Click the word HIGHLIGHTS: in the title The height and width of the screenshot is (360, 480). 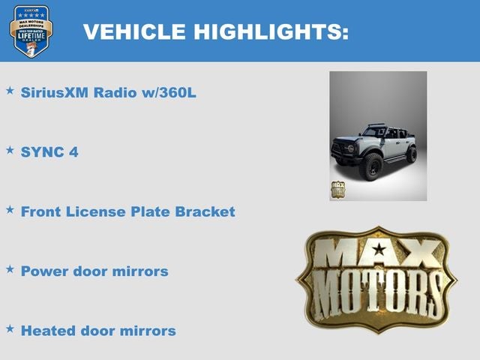click(271, 31)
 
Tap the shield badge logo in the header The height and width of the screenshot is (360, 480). click(31, 31)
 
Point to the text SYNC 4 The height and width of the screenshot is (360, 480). click(49, 152)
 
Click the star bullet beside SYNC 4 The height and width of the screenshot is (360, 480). click(10, 150)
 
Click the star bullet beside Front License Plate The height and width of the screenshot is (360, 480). click(10, 209)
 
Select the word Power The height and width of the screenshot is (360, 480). click(45, 271)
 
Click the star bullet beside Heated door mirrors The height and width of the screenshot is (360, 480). click(10, 328)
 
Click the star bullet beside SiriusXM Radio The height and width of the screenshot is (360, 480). click(10, 91)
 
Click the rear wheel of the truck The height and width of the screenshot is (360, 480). click(411, 155)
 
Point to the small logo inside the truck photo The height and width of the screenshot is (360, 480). click(337, 190)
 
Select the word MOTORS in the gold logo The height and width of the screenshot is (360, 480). click(376, 292)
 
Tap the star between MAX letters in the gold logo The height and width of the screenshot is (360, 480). click(379, 250)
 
